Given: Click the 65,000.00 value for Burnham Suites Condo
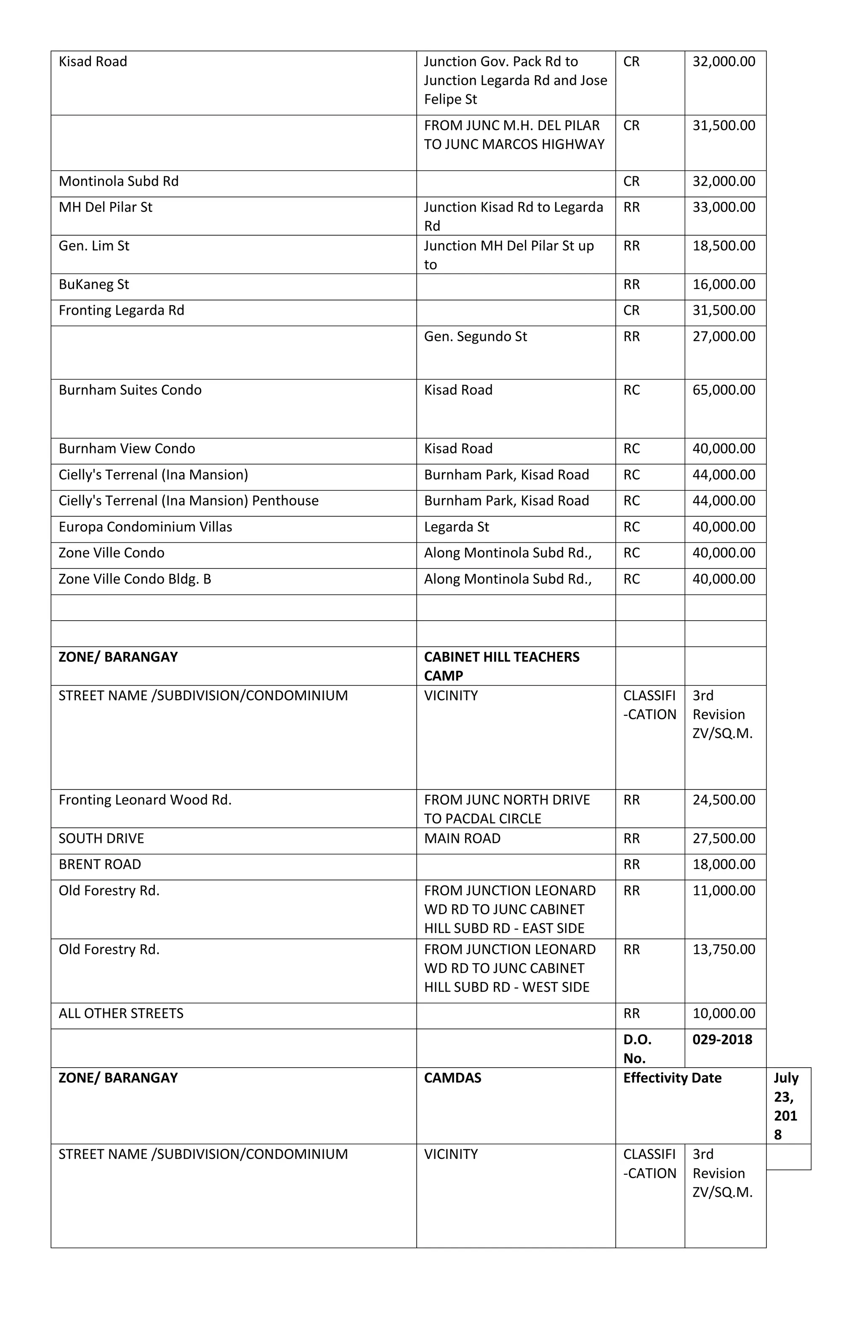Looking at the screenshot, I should pos(723,390).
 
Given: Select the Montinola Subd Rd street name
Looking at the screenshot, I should pos(119,181).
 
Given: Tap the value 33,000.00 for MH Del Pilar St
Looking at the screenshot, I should pos(723,207).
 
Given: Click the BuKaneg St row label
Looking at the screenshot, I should pos(93,284).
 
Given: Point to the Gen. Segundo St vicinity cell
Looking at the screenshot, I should pos(475,336).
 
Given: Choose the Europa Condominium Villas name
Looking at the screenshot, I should pos(145,526).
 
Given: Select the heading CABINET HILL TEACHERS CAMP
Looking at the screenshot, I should pos(501,666).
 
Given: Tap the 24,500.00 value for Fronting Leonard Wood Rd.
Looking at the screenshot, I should pos(723,800).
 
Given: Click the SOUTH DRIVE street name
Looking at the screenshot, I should pos(101,838).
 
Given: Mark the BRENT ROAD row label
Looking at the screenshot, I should pos(100,864).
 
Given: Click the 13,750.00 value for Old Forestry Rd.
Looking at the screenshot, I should pos(723,949).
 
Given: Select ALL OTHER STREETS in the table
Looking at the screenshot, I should pos(121,1013).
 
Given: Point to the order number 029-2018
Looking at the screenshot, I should pos(722,1039).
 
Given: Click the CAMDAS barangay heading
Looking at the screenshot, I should pos(452,1078).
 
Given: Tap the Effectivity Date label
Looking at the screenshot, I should pos(672,1078).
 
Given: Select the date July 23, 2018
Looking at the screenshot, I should pos(785,1106).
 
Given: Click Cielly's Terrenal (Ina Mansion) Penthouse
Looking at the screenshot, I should pos(189,501).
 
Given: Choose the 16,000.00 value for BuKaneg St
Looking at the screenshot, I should pos(723,284).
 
